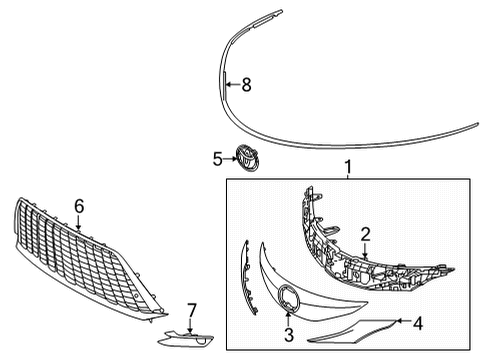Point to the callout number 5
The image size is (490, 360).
click(x=216, y=157)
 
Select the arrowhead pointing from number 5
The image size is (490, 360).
click(x=231, y=157)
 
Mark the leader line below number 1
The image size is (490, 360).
click(x=348, y=176)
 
